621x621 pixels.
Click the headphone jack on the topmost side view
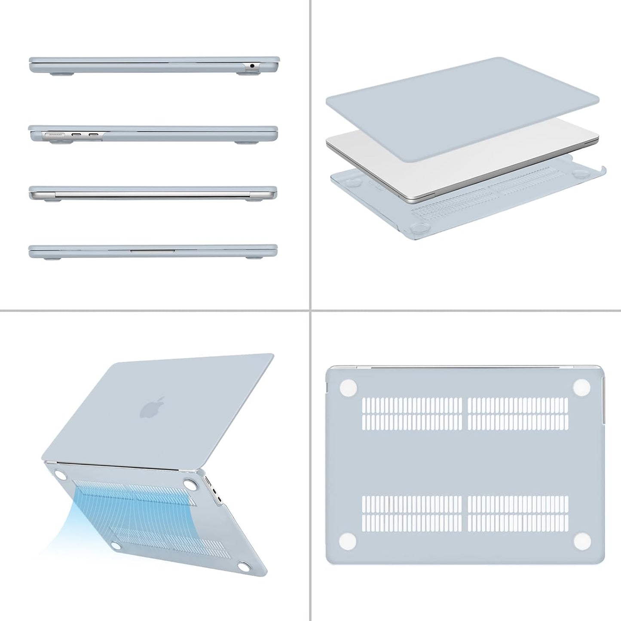point(251,66)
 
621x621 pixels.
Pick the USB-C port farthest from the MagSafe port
point(94,135)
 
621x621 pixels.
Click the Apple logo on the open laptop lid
point(153,407)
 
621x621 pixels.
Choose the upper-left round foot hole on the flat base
point(348,387)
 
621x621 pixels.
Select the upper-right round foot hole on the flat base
point(581,387)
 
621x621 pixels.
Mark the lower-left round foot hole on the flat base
point(348,540)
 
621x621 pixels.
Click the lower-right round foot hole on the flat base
point(581,540)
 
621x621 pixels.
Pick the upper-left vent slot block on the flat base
point(412,413)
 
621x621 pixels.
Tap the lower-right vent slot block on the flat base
point(518,513)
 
